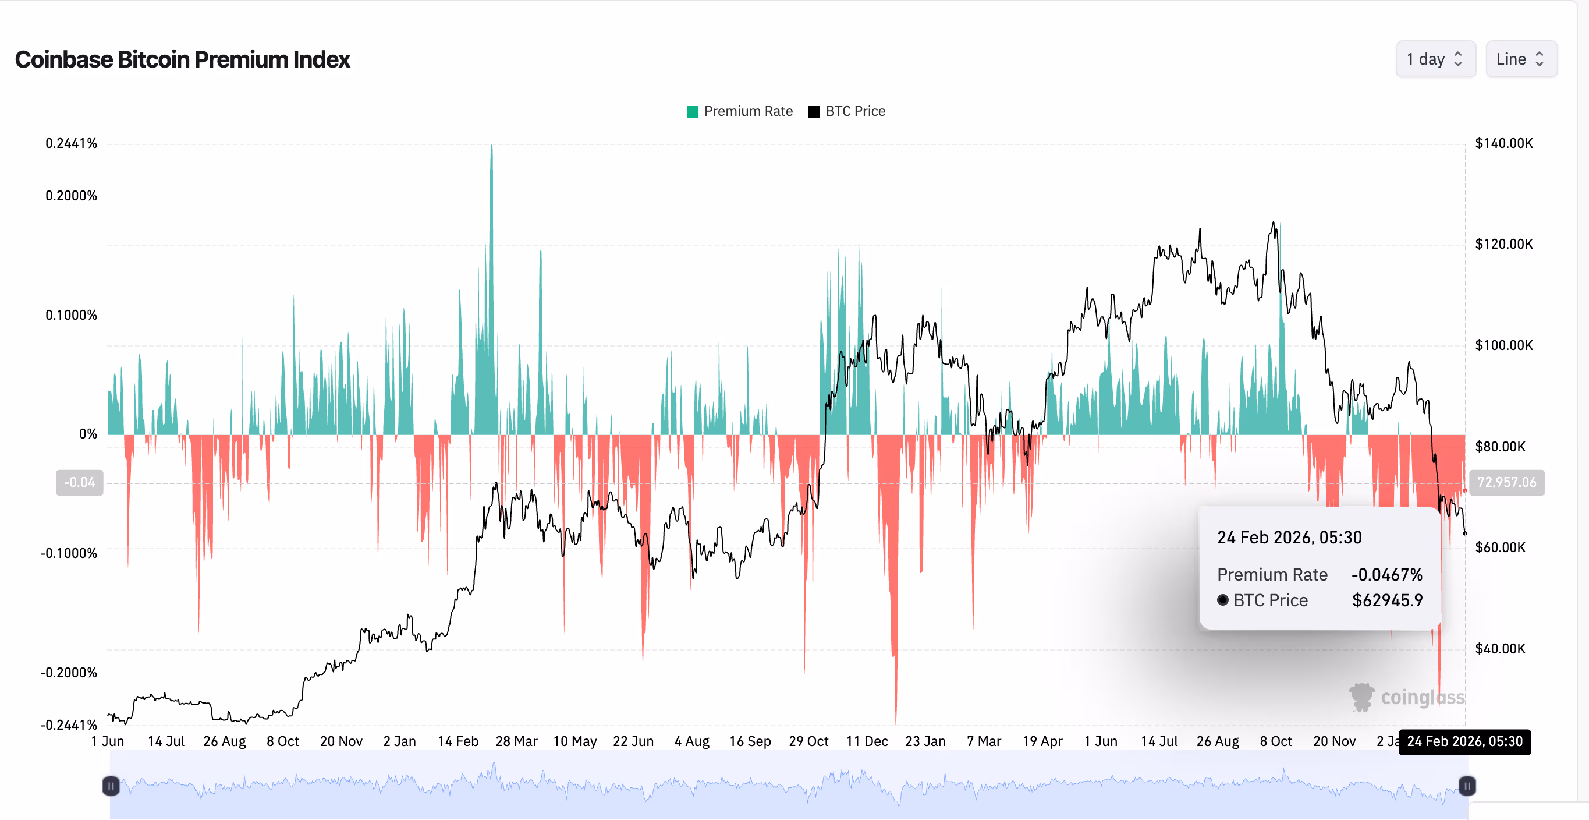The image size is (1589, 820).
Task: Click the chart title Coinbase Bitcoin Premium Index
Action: coord(183,60)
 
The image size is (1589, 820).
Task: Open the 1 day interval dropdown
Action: coord(1435,59)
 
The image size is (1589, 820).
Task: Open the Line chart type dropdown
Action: coord(1520,59)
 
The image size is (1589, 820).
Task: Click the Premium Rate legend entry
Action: coord(740,111)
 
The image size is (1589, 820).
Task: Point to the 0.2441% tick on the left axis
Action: coord(71,143)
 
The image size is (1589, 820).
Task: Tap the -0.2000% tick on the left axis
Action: coord(69,673)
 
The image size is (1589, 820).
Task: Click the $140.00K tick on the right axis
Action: coord(1503,143)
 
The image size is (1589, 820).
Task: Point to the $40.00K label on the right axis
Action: coord(1499,648)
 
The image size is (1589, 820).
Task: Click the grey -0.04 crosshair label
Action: coord(80,482)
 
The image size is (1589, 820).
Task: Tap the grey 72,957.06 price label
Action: coord(1506,482)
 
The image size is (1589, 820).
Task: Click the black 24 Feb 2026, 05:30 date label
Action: coord(1464,741)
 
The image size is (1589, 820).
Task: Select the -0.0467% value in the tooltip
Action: coord(1386,575)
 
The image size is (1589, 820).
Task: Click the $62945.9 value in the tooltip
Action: coord(1386,600)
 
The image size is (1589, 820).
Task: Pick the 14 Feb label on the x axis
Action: coord(457,741)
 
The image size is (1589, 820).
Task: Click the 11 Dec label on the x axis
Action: coord(867,741)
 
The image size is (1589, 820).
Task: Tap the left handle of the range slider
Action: coord(111,786)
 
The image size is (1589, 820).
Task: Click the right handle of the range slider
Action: coord(1467,786)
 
